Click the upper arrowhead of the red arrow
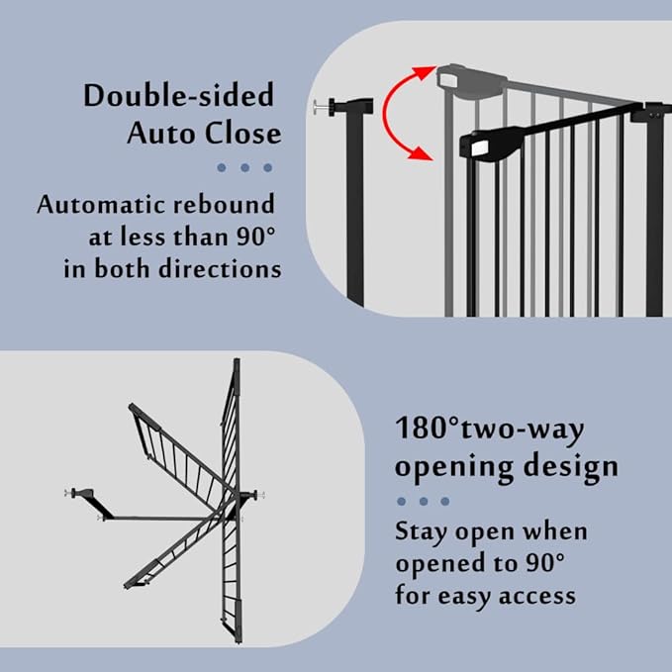428,72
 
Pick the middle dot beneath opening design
424,501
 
